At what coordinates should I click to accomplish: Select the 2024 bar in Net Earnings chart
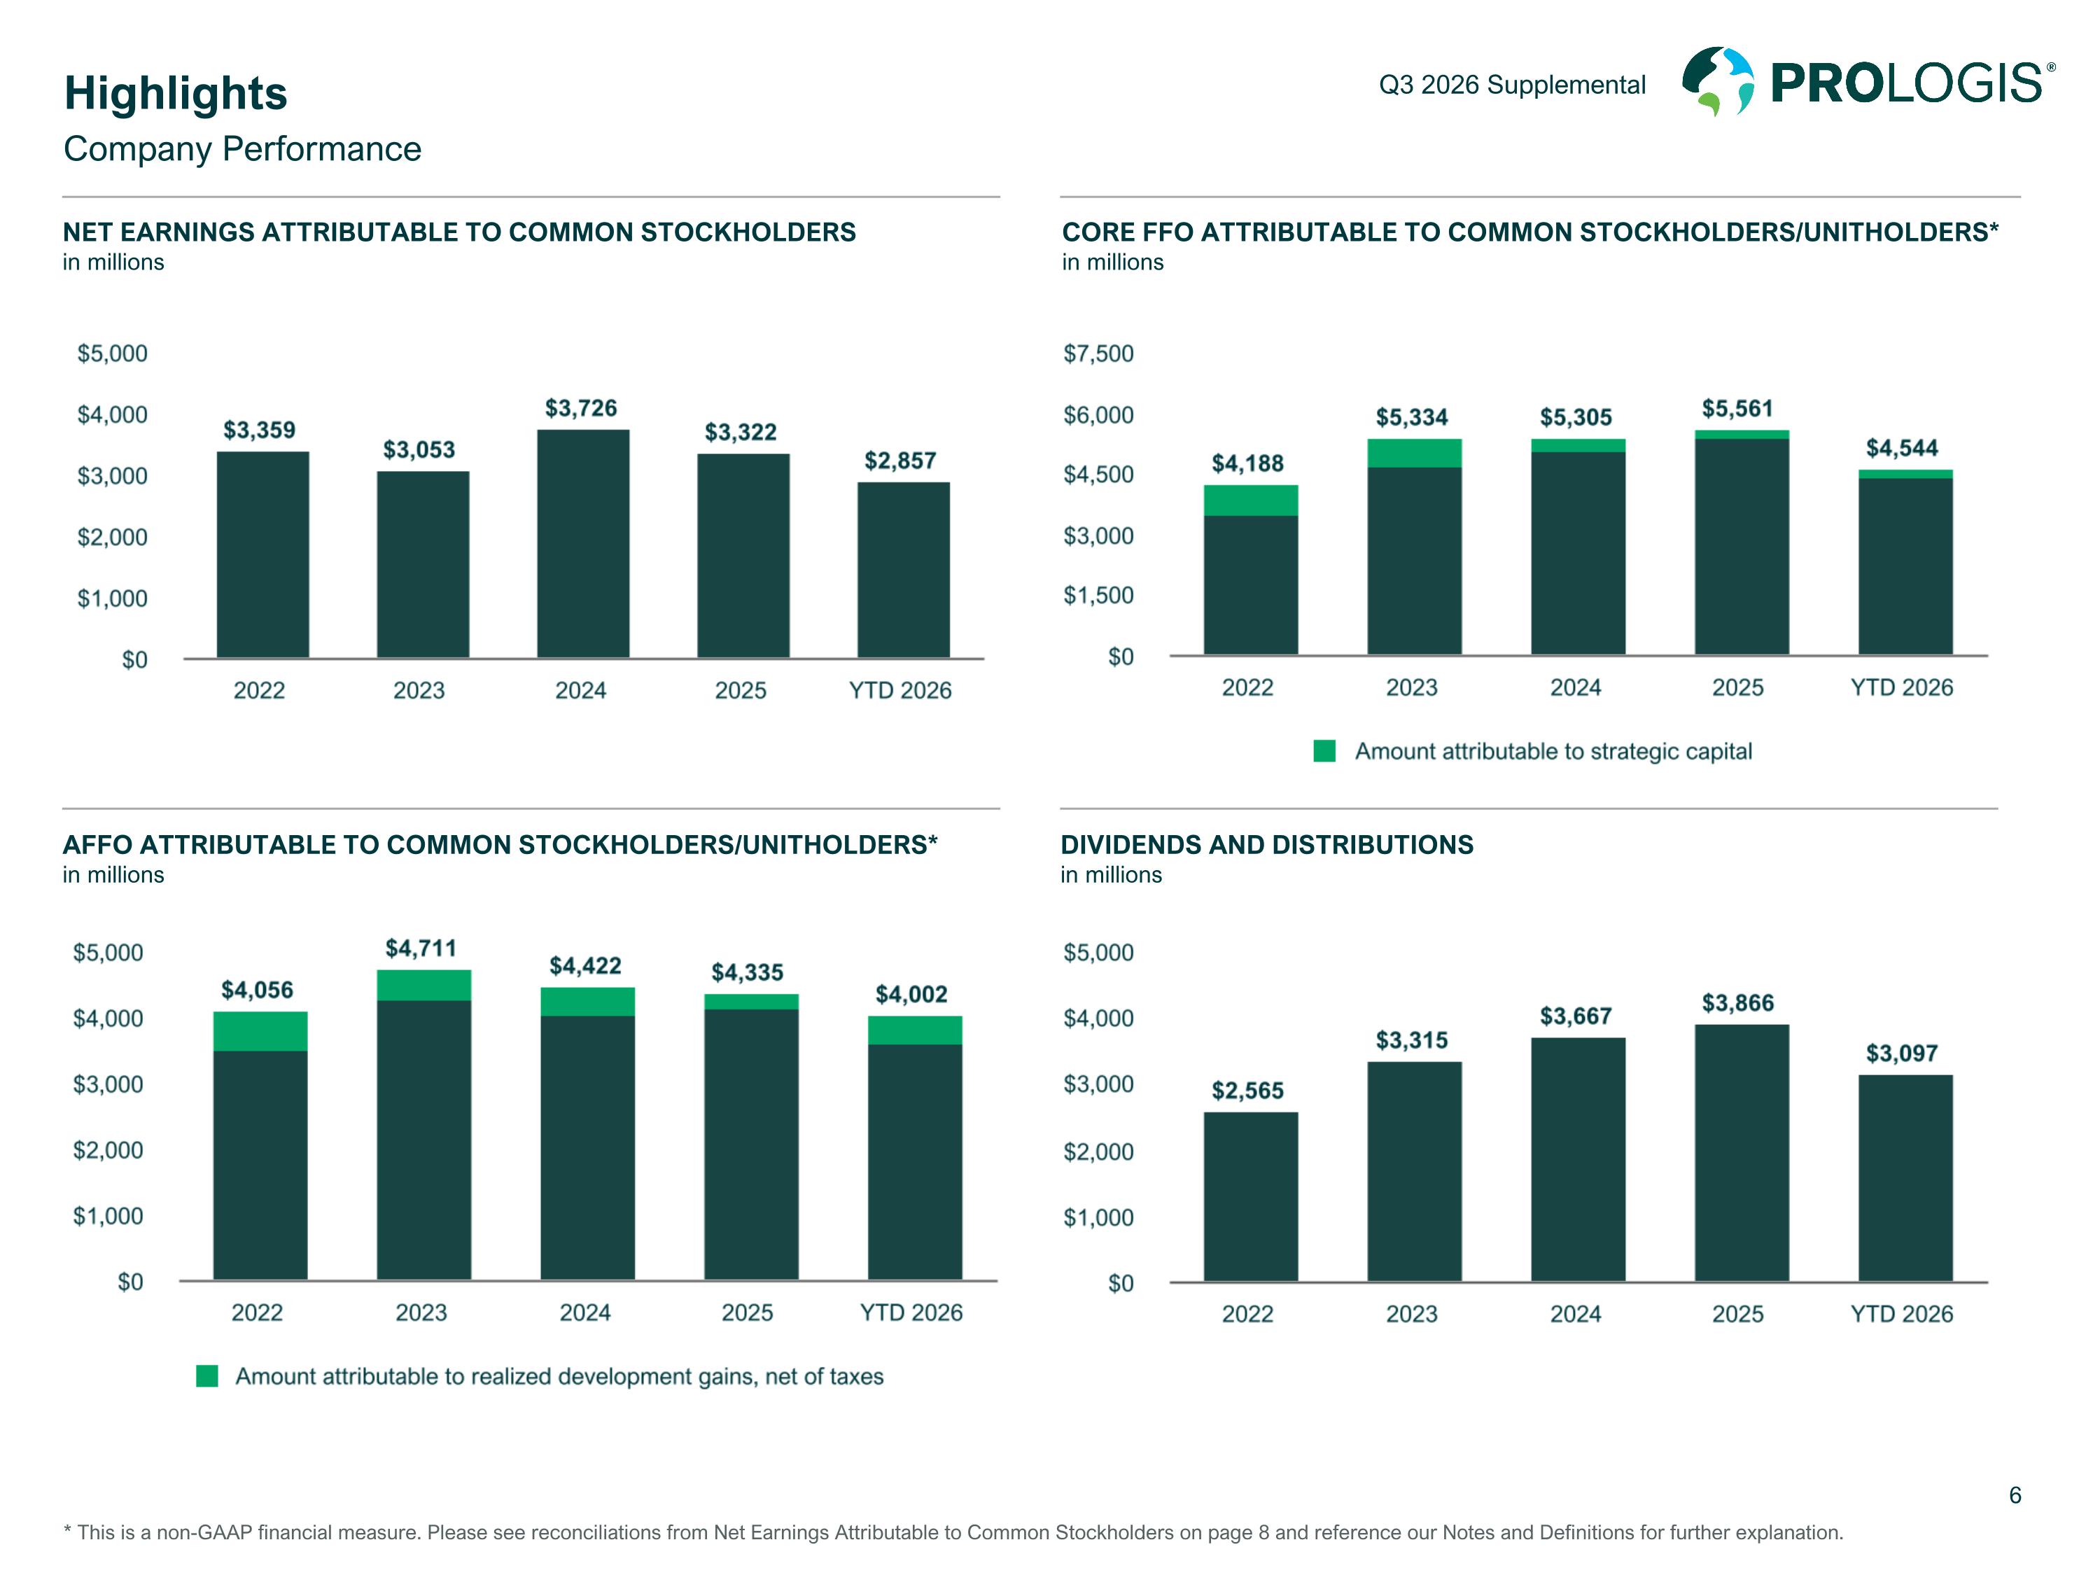click(583, 544)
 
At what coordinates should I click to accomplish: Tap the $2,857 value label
click(900, 461)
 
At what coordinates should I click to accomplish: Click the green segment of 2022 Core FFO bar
click(1252, 500)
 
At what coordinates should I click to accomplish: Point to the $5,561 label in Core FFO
click(1737, 409)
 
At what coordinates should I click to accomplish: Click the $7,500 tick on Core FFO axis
click(1098, 354)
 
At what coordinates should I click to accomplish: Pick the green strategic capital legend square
click(1324, 751)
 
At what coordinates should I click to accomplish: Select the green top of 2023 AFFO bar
click(423, 986)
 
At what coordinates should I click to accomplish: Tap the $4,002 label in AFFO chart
click(911, 995)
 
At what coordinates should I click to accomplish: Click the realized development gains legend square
click(207, 1377)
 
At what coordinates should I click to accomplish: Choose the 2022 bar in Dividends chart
click(1252, 1197)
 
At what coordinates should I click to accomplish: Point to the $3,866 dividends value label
click(1737, 1004)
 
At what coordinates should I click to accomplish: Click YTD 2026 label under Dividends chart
click(1902, 1314)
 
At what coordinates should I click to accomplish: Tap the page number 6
click(2015, 1496)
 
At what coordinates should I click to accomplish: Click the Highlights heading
click(176, 93)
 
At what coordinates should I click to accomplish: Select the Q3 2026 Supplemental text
click(1512, 85)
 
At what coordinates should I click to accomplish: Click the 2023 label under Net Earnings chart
click(419, 690)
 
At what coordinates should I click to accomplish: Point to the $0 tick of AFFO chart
click(130, 1282)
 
